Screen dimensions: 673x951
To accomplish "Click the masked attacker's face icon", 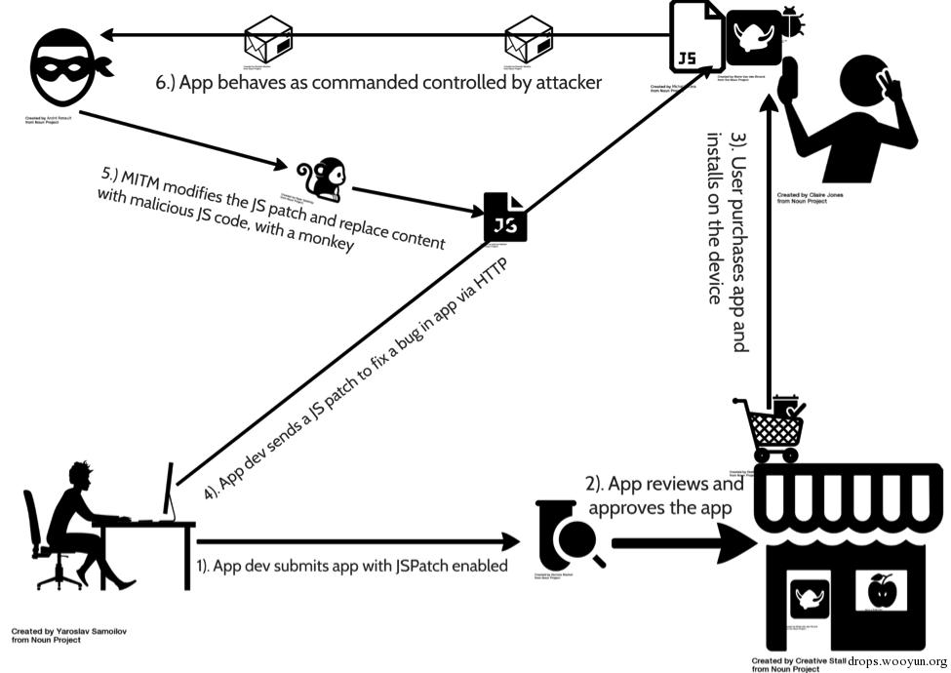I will pos(66,67).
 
